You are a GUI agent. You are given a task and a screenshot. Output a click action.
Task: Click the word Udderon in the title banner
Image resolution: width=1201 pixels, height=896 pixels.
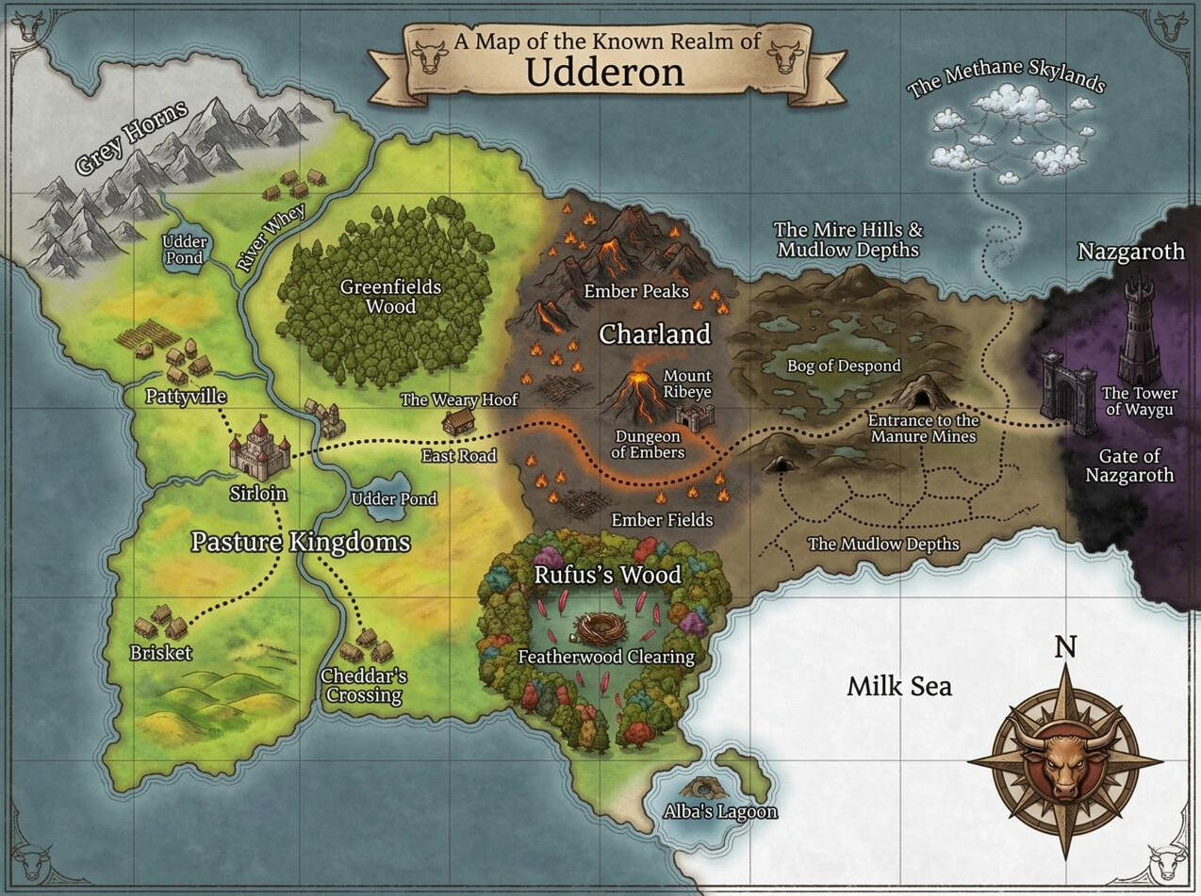point(604,72)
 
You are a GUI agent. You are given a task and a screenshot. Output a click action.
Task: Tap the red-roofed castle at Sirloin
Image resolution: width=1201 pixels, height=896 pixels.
point(256,450)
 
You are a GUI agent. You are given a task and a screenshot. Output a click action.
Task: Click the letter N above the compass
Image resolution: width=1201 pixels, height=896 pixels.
point(1065,647)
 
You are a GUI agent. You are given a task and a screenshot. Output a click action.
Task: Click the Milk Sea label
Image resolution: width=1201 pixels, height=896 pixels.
point(898,686)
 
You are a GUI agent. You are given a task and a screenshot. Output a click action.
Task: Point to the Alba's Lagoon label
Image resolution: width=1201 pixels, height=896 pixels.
point(720,811)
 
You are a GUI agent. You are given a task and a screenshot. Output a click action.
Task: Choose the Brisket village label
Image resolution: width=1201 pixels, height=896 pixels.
point(160,653)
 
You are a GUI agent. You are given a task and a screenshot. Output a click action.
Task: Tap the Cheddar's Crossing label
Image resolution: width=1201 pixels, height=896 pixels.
point(363,686)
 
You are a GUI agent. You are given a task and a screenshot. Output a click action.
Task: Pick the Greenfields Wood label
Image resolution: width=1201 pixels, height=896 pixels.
point(378,296)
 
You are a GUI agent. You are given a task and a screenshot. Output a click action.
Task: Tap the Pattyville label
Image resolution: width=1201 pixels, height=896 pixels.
point(186,396)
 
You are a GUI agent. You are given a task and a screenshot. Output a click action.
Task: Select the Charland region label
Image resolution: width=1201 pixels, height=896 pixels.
point(653,334)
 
